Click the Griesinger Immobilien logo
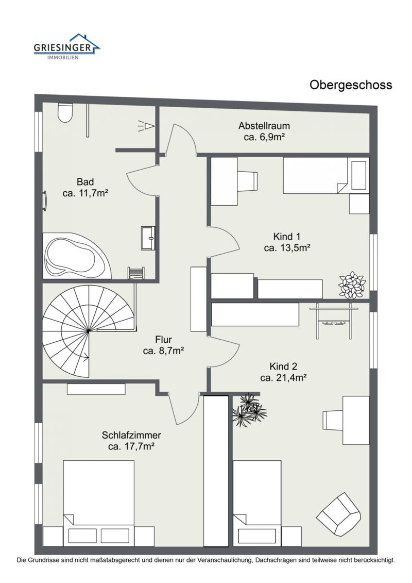[67, 47]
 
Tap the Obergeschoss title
[350, 85]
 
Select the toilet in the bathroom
[65, 112]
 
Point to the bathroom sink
[148, 238]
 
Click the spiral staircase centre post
[89, 330]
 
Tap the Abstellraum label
[264, 126]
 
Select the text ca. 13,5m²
[287, 248]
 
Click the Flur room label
[163, 340]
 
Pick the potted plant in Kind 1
[352, 285]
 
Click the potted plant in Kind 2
[249, 409]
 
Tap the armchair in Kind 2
[338, 513]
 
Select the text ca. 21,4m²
[283, 378]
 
